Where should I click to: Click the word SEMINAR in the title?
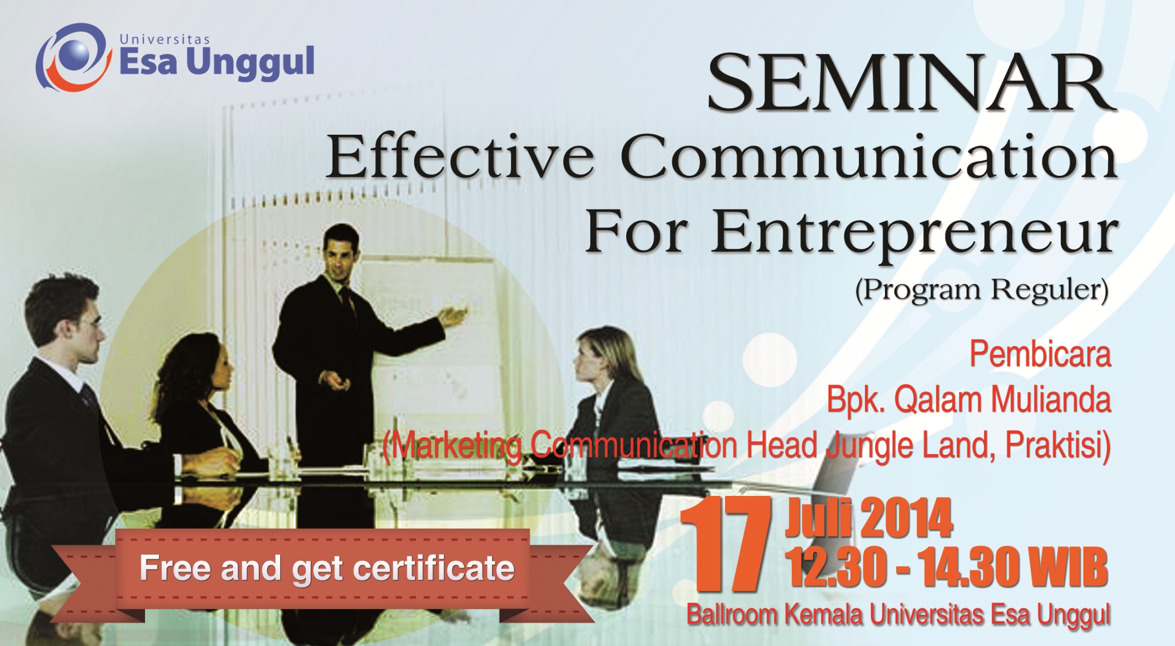pos(912,83)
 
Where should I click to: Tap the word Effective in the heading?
pos(460,157)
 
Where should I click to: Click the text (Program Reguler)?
pos(982,290)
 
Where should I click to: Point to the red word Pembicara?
pos(1040,354)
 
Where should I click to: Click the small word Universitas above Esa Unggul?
pos(164,39)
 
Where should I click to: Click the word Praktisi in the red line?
pos(1058,446)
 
